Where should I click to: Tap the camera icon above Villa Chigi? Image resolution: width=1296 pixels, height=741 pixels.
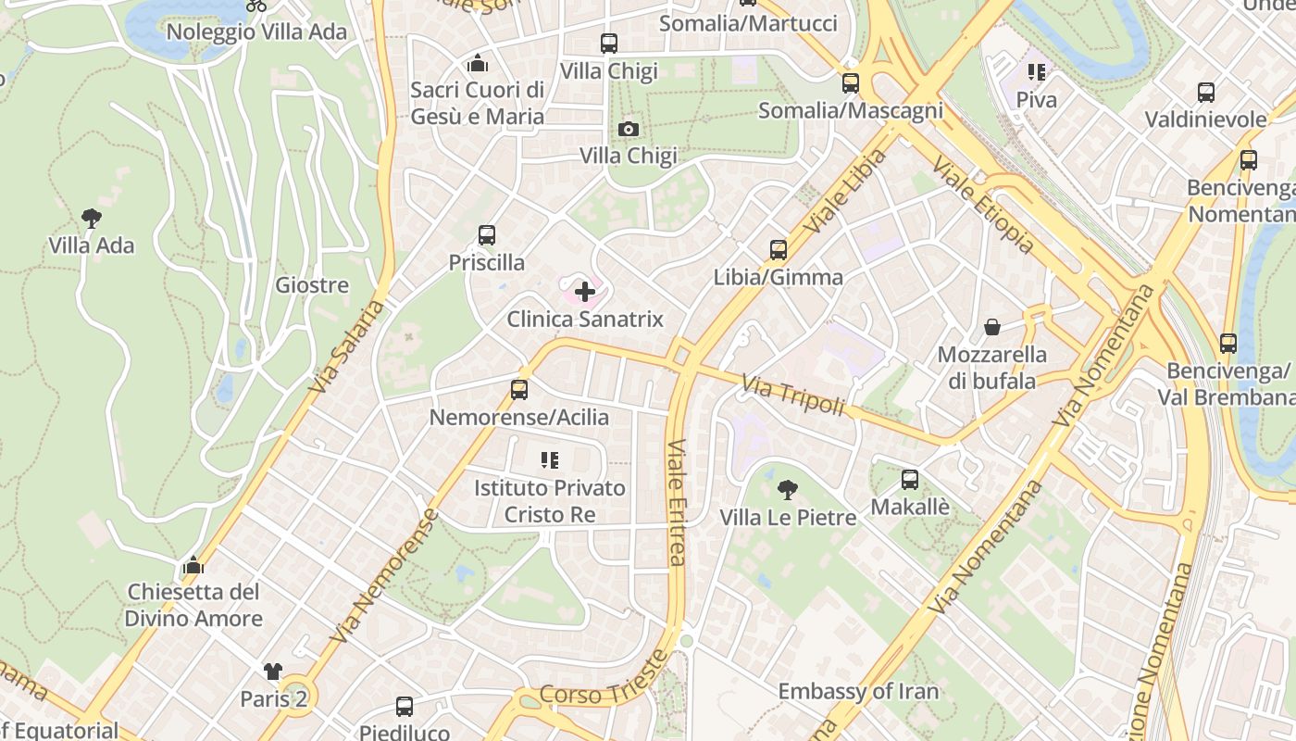click(629, 129)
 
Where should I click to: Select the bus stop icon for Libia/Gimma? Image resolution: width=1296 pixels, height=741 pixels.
click(779, 250)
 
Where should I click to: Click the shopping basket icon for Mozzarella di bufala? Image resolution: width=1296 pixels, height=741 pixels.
click(992, 327)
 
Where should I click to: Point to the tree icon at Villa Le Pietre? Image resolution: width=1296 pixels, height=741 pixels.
click(788, 490)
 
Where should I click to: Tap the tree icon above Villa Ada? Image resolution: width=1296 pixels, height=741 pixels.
click(91, 219)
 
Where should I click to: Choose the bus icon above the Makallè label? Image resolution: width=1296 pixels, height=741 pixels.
click(910, 480)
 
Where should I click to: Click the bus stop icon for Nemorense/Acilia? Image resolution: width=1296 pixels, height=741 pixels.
click(519, 390)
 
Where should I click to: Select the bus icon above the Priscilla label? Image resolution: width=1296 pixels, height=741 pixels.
click(487, 235)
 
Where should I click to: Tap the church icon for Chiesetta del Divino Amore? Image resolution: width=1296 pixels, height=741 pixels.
click(193, 564)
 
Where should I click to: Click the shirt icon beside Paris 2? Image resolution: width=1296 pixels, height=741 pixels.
click(273, 672)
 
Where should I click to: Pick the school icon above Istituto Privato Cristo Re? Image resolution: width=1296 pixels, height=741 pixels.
click(550, 460)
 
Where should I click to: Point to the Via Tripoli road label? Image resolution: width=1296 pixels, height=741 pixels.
click(794, 396)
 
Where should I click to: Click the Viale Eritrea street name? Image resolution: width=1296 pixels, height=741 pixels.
click(677, 501)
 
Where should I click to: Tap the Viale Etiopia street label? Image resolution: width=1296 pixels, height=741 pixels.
click(982, 205)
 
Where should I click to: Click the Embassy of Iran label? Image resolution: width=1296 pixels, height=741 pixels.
click(858, 691)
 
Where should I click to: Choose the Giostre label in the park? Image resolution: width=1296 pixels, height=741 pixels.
click(312, 285)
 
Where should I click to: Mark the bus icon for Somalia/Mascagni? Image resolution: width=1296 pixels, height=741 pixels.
click(851, 83)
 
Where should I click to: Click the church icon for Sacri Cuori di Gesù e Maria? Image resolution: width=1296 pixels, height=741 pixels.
click(478, 63)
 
